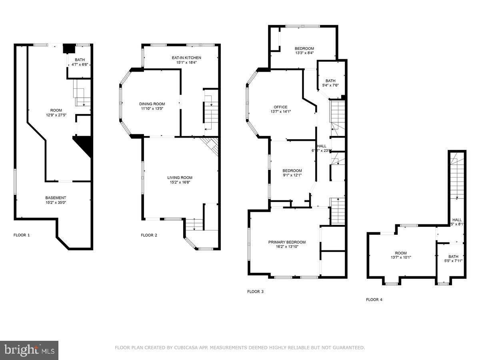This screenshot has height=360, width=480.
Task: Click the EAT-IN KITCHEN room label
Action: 184,58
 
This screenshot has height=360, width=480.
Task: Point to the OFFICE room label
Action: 280,107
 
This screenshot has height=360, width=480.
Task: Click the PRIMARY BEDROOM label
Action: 287,242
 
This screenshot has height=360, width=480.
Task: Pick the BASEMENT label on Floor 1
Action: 56,198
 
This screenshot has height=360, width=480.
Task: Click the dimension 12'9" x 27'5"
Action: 56,115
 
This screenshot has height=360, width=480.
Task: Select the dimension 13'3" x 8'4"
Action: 304,53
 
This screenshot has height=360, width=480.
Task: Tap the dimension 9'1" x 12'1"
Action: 292,175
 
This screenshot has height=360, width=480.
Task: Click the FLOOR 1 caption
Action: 22,235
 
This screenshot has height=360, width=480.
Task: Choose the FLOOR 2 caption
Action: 149,235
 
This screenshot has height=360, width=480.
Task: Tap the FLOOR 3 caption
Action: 255,292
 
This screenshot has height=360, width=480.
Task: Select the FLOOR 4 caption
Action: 374,299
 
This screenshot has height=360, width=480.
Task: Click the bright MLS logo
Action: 29,350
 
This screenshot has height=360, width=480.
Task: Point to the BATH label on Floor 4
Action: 453,256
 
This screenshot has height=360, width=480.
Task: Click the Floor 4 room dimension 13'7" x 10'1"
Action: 401,258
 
